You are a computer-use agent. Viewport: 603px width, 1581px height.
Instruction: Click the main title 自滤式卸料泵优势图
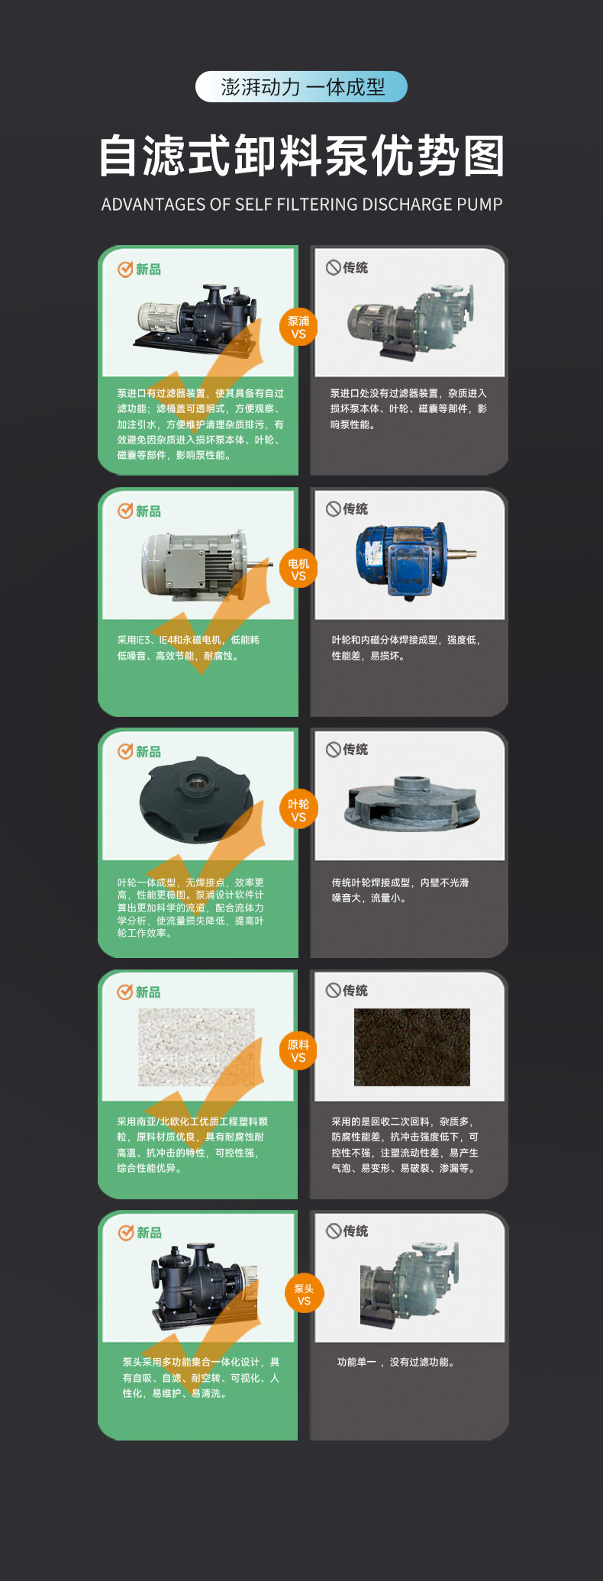click(x=302, y=156)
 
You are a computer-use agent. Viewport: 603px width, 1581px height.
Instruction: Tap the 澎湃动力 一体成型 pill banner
click(x=301, y=87)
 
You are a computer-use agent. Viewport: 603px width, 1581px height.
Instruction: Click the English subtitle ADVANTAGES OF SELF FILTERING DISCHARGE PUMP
click(x=302, y=205)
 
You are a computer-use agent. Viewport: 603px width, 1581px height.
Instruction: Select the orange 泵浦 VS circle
click(x=298, y=327)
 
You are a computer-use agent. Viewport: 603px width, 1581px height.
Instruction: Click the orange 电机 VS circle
click(x=298, y=569)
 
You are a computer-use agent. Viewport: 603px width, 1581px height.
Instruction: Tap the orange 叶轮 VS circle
click(x=298, y=810)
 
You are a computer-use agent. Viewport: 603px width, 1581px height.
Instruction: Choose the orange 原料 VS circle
click(x=298, y=1050)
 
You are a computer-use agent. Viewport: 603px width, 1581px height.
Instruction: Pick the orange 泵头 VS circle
click(x=304, y=1294)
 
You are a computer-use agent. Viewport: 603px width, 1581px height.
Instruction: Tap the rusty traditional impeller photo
click(x=412, y=802)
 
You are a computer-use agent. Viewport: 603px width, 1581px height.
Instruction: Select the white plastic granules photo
click(x=197, y=1047)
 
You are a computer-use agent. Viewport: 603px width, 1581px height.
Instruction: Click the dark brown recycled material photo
click(x=412, y=1047)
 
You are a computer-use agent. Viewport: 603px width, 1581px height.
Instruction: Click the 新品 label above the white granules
click(x=148, y=992)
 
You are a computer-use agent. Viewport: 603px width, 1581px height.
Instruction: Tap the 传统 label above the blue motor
click(x=356, y=508)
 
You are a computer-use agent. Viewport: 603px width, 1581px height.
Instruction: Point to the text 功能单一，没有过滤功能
click(x=398, y=1362)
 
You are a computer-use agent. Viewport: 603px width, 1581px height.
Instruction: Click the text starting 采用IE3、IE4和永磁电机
click(x=189, y=647)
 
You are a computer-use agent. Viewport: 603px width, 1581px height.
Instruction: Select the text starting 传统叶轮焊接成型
click(x=401, y=890)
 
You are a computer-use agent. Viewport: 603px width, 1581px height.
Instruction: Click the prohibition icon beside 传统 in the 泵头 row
click(x=334, y=1231)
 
